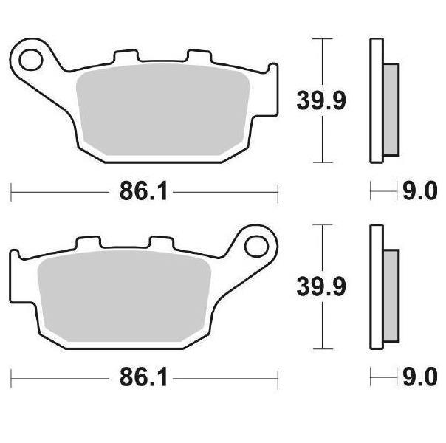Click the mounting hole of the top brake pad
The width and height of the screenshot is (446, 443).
click(31, 60)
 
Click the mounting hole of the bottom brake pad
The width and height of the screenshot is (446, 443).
click(257, 247)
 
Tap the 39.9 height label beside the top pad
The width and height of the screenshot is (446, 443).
click(321, 100)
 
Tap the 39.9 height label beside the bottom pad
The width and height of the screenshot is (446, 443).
click(321, 286)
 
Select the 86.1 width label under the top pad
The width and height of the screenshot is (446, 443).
click(143, 191)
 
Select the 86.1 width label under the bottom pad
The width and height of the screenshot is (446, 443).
click(143, 377)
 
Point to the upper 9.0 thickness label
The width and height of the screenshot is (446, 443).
click(420, 191)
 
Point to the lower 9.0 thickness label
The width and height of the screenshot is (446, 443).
click(420, 377)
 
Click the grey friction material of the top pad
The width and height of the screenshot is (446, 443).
click(163, 109)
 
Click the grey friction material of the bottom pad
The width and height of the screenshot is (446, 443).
click(124, 296)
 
